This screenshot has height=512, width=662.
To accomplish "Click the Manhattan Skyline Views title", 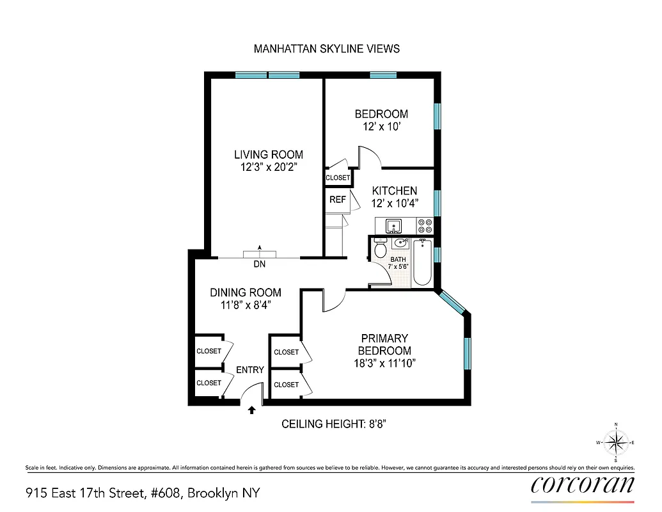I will pyautogui.click(x=327, y=49).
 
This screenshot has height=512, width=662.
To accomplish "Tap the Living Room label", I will pyautogui.click(x=268, y=154).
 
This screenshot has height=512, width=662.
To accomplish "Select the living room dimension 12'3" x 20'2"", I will pyautogui.click(x=268, y=167).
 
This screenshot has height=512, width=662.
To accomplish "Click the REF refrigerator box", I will pyautogui.click(x=337, y=200).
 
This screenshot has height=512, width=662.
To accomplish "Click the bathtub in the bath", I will pyautogui.click(x=423, y=262).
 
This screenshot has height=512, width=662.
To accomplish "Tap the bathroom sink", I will pyautogui.click(x=402, y=243).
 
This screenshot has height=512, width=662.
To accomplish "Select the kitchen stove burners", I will pyautogui.click(x=425, y=226).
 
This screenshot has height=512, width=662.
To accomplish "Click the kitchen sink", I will pyautogui.click(x=392, y=225).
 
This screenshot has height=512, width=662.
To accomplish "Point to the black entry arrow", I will pyautogui.click(x=252, y=410).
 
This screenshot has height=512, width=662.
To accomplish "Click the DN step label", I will pyautogui.click(x=260, y=264).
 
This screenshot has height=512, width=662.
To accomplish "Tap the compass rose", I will pyautogui.click(x=615, y=442).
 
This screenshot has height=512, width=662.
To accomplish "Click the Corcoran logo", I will pyautogui.click(x=583, y=484).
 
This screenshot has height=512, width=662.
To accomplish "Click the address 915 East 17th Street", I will pyautogui.click(x=143, y=493).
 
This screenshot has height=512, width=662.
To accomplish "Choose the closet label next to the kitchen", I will pyautogui.click(x=338, y=178).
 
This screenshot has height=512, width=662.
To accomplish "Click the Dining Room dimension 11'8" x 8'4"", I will pyautogui.click(x=246, y=305).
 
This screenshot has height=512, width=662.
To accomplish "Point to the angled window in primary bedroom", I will pyautogui.click(x=453, y=302).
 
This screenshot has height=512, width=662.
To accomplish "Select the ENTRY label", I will pyautogui.click(x=249, y=370).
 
